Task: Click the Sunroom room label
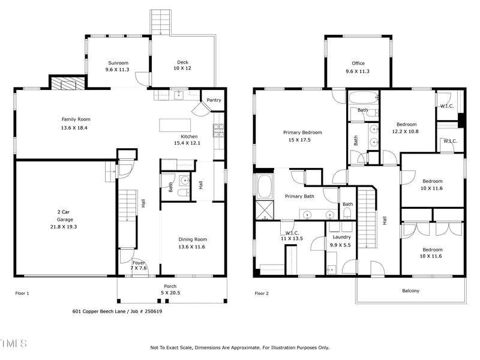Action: click(118, 63)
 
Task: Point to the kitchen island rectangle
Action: click(175, 125)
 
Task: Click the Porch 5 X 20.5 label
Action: click(170, 289)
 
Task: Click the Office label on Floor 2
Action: click(358, 64)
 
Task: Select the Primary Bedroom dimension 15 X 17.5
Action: click(302, 140)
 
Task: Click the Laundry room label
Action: click(340, 237)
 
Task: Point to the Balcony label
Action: click(410, 291)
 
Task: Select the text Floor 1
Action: click(22, 293)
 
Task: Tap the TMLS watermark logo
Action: click(13, 343)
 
